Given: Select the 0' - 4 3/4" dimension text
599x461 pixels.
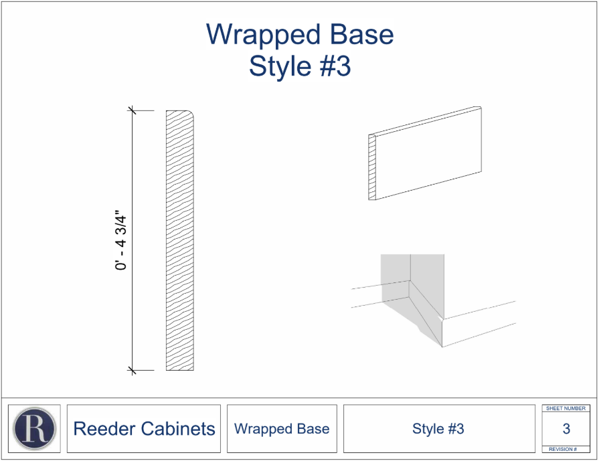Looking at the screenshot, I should pyautogui.click(x=121, y=241).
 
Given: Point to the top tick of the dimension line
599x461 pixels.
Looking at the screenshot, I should pyautogui.click(x=132, y=110).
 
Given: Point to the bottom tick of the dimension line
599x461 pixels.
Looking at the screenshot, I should pyautogui.click(x=132, y=370).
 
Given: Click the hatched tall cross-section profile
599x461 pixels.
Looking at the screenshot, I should pyautogui.click(x=179, y=241).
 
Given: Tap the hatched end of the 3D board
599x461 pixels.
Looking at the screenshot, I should pyautogui.click(x=373, y=167).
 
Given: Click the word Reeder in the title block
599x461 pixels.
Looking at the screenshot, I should pyautogui.click(x=106, y=429).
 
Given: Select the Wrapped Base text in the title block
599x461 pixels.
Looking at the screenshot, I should pyautogui.click(x=282, y=429).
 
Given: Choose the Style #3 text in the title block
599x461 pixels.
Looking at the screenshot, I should pyautogui.click(x=438, y=429).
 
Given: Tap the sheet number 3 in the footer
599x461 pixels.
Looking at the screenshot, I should pyautogui.click(x=566, y=429).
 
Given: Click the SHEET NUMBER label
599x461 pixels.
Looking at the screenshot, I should pyautogui.click(x=566, y=408).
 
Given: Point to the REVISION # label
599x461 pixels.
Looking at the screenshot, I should pyautogui.click(x=566, y=449).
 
